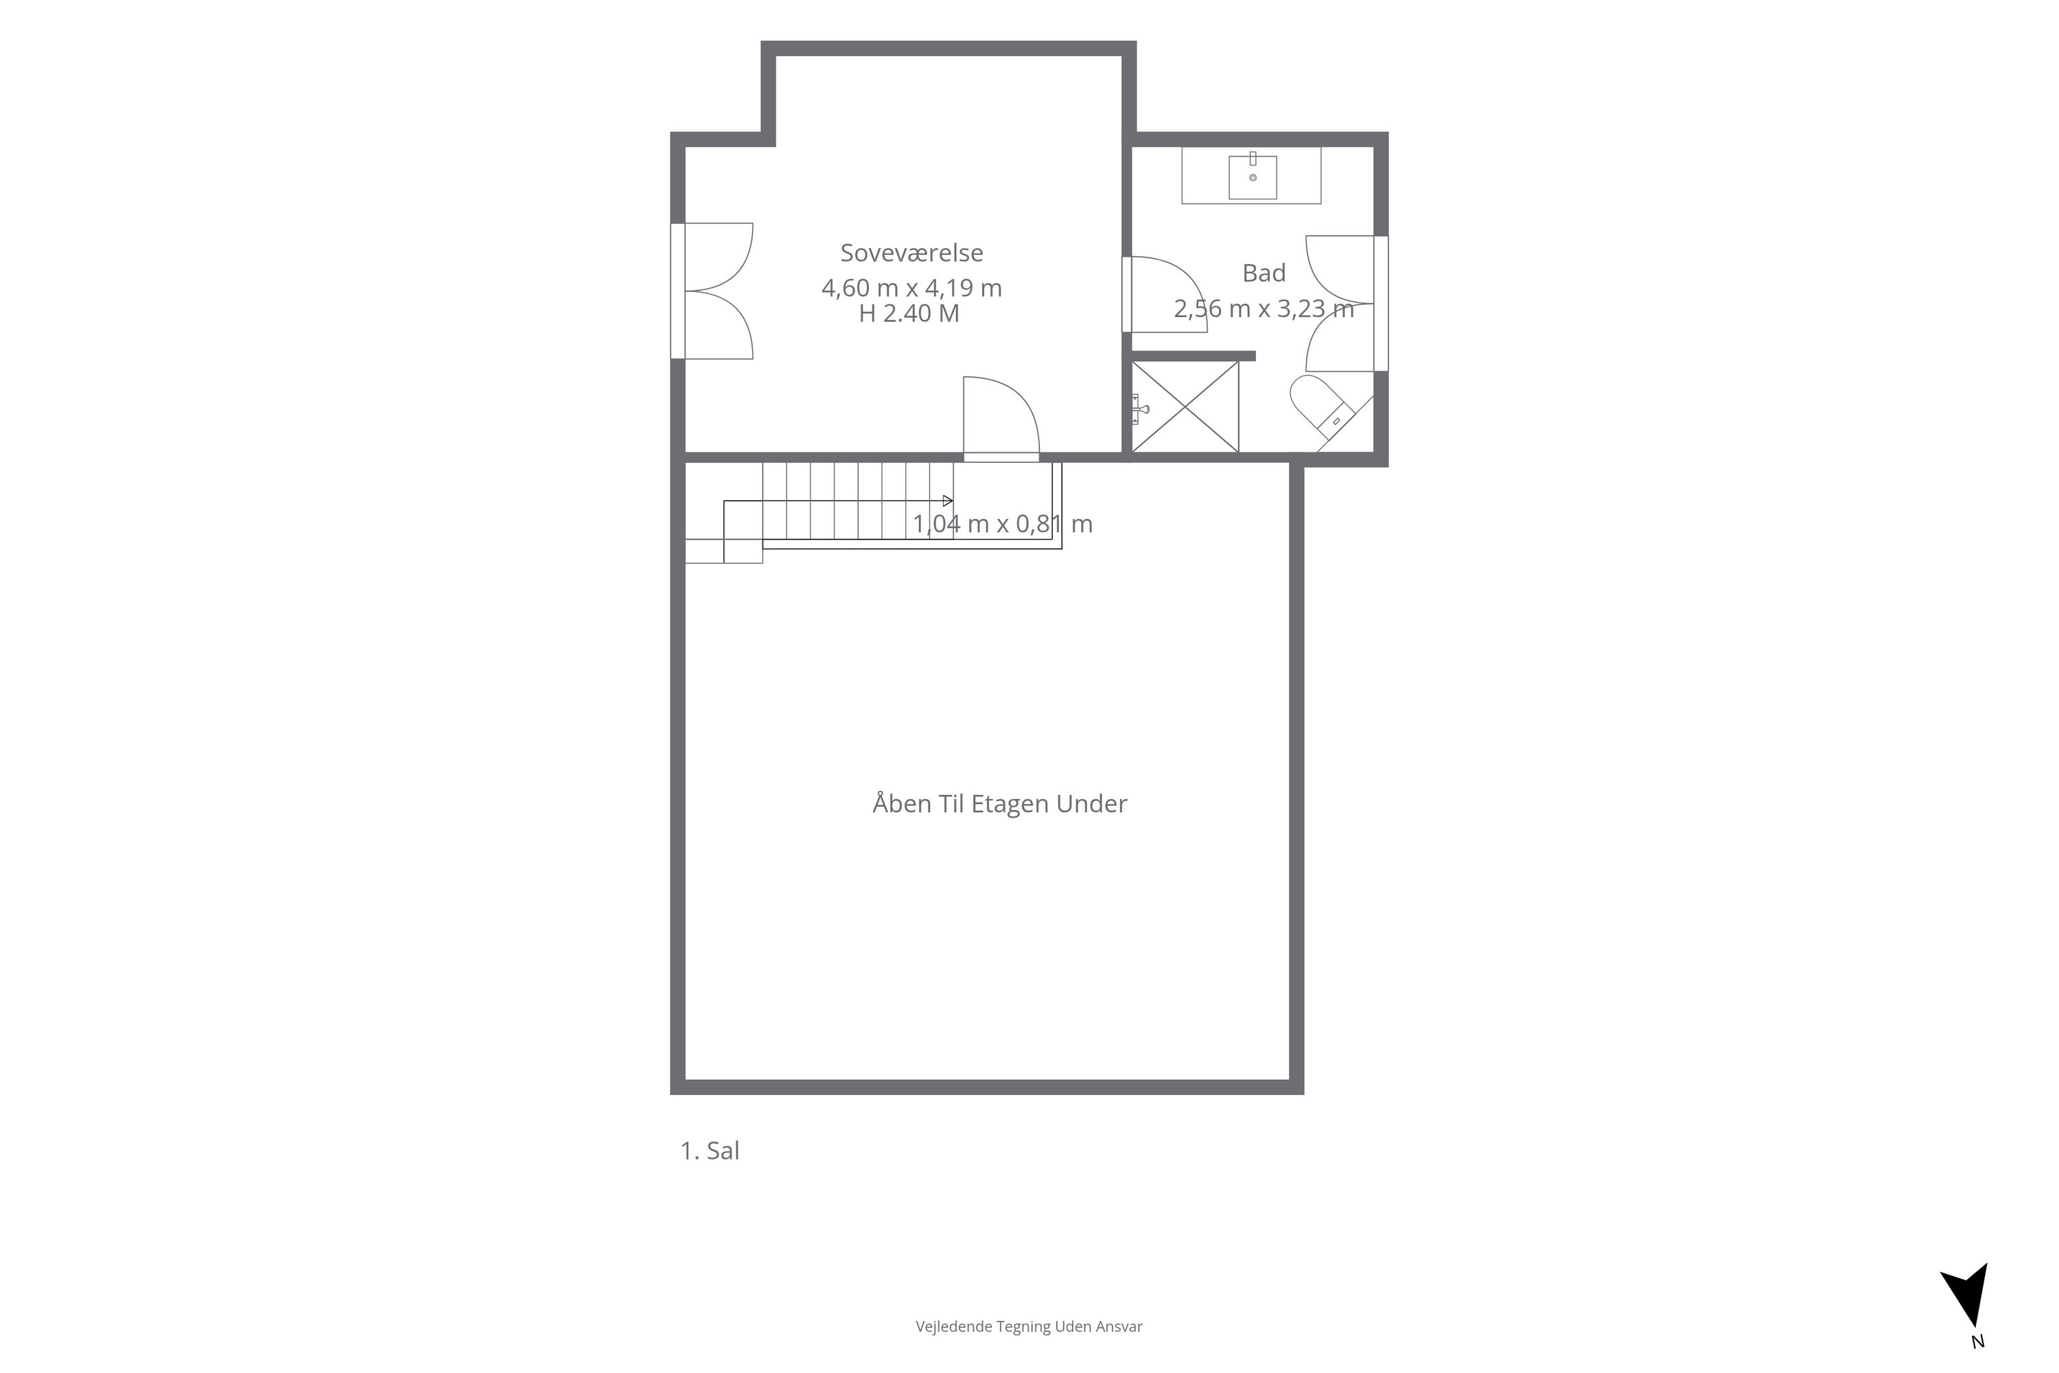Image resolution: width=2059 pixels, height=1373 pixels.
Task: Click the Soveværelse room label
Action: click(911, 253)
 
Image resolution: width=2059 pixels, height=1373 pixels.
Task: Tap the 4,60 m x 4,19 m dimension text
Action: click(911, 288)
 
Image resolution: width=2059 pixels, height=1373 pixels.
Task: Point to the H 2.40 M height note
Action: click(909, 314)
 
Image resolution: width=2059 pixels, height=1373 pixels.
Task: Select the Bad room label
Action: click(1264, 273)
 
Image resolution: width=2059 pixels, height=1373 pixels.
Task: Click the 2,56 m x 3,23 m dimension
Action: click(1264, 308)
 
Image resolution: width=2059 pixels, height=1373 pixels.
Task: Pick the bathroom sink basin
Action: click(1253, 178)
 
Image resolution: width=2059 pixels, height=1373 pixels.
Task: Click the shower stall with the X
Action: click(1185, 407)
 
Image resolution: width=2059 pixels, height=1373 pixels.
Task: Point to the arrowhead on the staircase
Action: click(947, 501)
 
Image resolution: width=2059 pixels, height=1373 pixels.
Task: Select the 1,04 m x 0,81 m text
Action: click(1002, 524)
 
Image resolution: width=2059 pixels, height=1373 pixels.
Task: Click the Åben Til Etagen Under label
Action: click(1000, 804)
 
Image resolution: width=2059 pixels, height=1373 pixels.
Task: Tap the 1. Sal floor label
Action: click(710, 1151)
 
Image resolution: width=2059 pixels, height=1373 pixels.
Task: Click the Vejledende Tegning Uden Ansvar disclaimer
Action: click(1029, 1326)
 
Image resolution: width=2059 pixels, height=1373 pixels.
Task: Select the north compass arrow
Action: click(1966, 1306)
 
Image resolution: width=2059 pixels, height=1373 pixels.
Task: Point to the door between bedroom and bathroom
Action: click(1164, 295)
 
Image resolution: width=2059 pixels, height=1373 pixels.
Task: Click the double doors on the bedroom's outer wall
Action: click(712, 290)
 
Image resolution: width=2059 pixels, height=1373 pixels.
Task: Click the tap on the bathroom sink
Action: click(1253, 159)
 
